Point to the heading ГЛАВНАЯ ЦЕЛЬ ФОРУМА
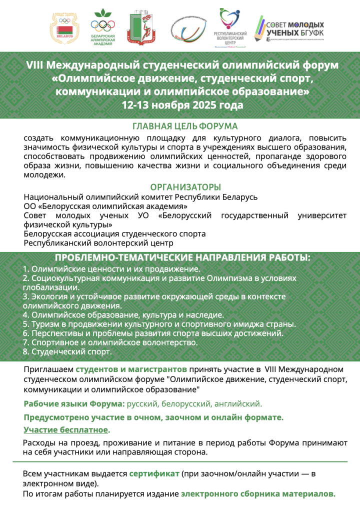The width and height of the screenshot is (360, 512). [x=184, y=126]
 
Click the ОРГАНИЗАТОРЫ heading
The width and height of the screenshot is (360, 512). [x=185, y=187]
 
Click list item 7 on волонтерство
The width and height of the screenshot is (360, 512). [x=110, y=342]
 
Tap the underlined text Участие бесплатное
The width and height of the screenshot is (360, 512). [x=66, y=430]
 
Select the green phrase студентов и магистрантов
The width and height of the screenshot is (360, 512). [x=131, y=369]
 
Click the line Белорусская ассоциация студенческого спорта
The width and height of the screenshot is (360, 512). [x=114, y=234]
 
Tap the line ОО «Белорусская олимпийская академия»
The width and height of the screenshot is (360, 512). [x=105, y=206]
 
